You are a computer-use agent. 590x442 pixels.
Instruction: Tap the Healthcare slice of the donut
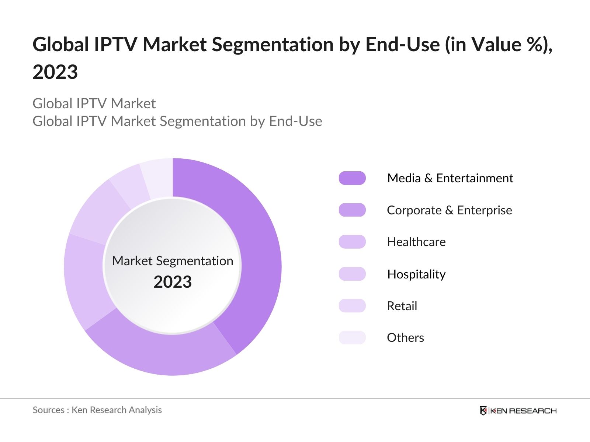[85, 280]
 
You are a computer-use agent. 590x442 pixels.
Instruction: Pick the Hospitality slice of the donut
[100, 214]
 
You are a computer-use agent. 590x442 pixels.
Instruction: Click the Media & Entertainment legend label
[450, 178]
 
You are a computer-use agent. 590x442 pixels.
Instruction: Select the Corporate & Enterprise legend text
[449, 210]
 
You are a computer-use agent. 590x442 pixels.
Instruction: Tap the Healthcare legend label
[416, 242]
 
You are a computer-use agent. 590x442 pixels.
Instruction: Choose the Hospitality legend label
[416, 274]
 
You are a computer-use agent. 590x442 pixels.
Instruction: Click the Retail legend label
[402, 306]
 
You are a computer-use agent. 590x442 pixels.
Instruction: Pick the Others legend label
[405, 338]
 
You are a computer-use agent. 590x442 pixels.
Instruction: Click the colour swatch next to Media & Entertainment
[352, 178]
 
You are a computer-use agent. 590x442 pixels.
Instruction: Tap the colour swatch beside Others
[352, 338]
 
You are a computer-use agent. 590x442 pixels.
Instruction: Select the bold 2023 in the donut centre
[173, 282]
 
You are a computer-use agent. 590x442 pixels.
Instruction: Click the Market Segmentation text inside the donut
[173, 261]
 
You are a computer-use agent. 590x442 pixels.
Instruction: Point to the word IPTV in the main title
[115, 45]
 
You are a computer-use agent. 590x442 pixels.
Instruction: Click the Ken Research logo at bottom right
[518, 411]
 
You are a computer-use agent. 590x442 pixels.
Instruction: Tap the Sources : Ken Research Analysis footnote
[97, 410]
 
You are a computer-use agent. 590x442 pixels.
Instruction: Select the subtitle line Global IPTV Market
[94, 104]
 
